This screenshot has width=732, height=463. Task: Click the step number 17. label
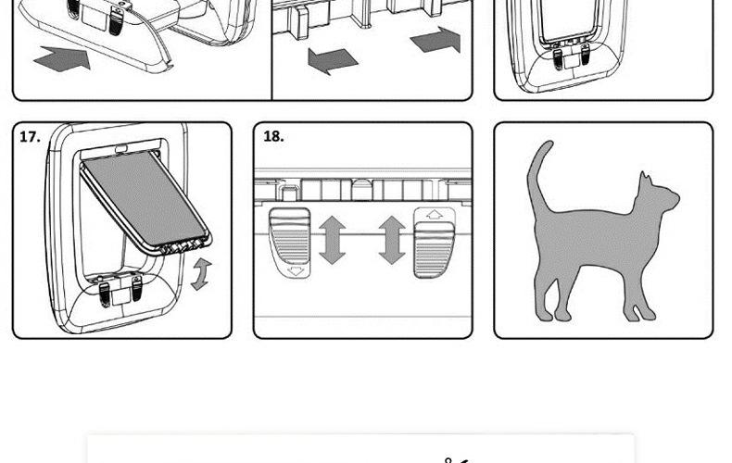point(30,137)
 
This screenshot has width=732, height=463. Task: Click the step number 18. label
point(273,136)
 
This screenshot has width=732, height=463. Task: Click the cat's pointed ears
point(646,179)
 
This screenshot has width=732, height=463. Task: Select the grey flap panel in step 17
point(145,199)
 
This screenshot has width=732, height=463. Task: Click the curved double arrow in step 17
point(202,274)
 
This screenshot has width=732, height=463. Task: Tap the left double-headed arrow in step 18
point(333,240)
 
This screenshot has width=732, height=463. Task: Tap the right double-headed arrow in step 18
point(392,240)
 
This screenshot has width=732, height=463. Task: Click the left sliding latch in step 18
point(289,238)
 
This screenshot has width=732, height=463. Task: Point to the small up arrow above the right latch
point(435,215)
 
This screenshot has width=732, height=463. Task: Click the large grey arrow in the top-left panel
point(62,57)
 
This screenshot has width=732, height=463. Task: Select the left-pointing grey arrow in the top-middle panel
point(333,61)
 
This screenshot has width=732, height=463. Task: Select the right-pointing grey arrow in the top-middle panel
point(435,40)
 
